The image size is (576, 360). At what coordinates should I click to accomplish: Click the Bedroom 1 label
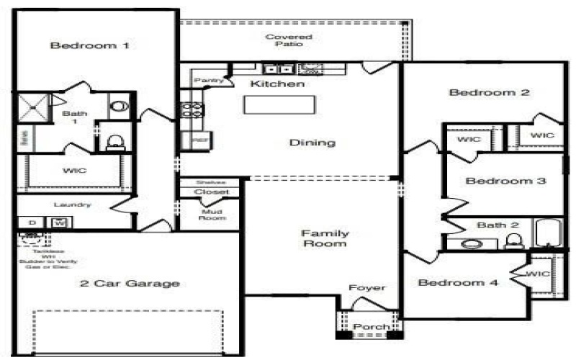pos(89,46)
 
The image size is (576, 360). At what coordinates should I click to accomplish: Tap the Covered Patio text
pos(288,40)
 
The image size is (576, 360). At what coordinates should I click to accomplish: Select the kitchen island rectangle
pos(279,104)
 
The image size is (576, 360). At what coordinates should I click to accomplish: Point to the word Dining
pos(312,143)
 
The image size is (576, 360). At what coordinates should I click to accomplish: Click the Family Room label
pos(325,238)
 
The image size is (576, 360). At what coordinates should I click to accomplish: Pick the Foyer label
pos(367,288)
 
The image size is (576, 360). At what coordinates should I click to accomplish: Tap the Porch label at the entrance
pos(372,327)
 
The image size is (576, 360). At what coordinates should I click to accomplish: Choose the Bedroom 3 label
pos(505,181)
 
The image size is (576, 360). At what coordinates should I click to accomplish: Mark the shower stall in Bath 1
pos(33,109)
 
